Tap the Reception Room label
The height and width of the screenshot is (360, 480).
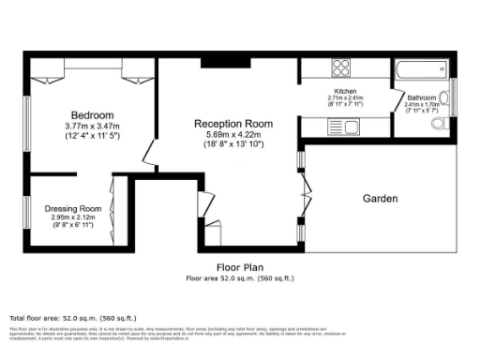pos(233,124)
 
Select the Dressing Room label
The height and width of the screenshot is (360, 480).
pos(72,209)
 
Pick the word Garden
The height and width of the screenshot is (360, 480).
pos(381,199)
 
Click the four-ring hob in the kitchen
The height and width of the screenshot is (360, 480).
pos(341,67)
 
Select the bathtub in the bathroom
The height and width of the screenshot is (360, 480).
pos(422,70)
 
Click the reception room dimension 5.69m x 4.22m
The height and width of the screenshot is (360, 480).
pos(233,135)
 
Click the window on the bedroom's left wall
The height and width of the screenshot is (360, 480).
pos(27,122)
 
